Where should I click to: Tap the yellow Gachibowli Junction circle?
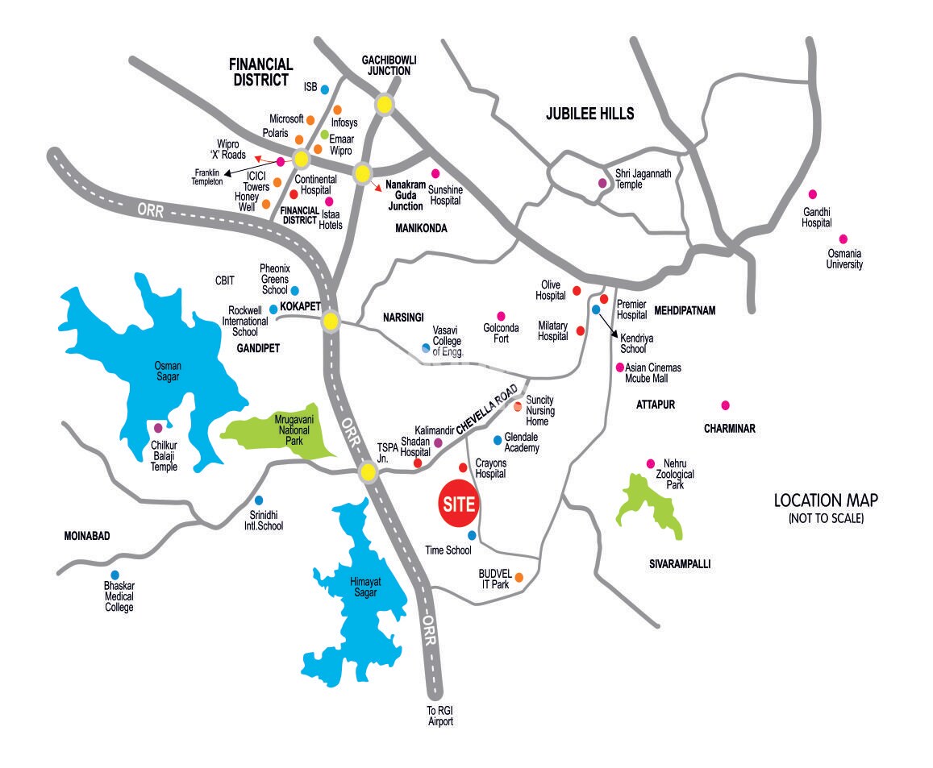point(385,105)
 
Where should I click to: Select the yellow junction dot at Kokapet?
point(330,322)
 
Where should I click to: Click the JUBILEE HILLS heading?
point(589,114)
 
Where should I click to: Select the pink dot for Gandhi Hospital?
point(813,194)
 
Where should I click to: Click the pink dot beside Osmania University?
point(843,239)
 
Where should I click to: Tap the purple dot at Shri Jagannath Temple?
point(602,183)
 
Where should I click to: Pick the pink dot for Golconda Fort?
point(501,316)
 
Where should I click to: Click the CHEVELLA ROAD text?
point(487,410)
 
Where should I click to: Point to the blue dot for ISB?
point(325,89)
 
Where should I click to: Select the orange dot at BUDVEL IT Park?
point(519,577)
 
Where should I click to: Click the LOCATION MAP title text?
point(826,500)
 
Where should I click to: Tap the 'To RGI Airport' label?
point(440,716)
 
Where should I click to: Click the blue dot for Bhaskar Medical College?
point(115,575)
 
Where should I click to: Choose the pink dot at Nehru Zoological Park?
point(651,463)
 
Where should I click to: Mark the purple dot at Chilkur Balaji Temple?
point(158,427)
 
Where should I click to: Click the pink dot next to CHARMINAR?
point(726,405)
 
